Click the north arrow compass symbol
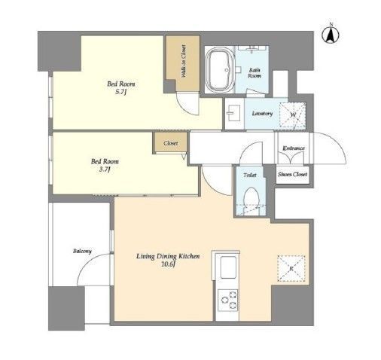tap(331, 35)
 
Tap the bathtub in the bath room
tap(220, 70)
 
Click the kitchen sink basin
tap(228, 267)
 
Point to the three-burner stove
tap(227, 300)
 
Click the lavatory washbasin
tap(233, 113)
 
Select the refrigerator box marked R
tap(291, 268)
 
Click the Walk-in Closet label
tap(183, 61)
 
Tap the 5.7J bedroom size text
tap(120, 92)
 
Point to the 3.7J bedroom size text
tap(105, 169)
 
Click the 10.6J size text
tap(168, 264)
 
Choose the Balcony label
tap(82, 251)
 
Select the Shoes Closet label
tap(292, 174)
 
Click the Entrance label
tap(294, 148)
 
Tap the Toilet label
tap(250, 175)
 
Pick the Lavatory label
tap(262, 114)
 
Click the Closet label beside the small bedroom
tap(171, 143)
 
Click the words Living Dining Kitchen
tap(168, 256)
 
